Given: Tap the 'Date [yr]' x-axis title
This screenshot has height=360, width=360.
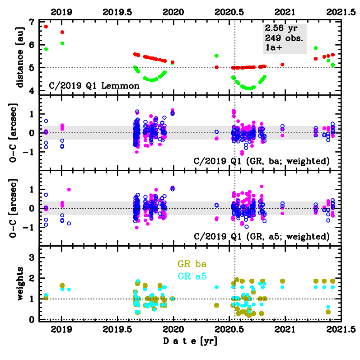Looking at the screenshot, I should point(190,341).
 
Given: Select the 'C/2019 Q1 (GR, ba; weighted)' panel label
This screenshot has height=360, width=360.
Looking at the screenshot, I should point(261,162).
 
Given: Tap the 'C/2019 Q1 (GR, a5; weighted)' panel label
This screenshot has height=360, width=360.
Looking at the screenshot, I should point(261,237).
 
